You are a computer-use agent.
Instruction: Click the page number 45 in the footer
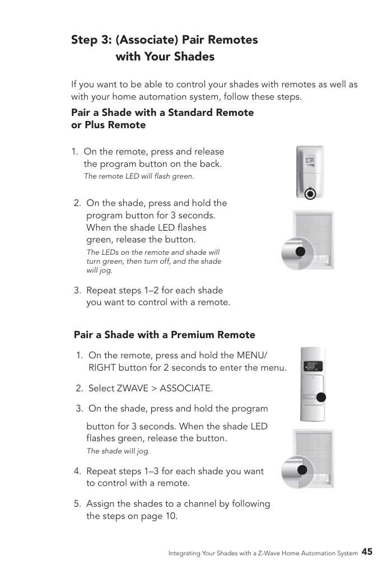pos(367,551)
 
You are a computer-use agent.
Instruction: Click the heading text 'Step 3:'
pos(91,40)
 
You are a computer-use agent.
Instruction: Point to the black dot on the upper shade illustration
pos(300,251)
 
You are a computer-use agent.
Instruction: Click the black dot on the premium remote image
pos(321,397)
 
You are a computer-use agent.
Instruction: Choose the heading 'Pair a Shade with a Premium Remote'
pos(164,335)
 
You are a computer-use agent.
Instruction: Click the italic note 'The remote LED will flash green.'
pos(139,176)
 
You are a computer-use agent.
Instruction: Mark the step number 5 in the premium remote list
pos(77,504)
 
